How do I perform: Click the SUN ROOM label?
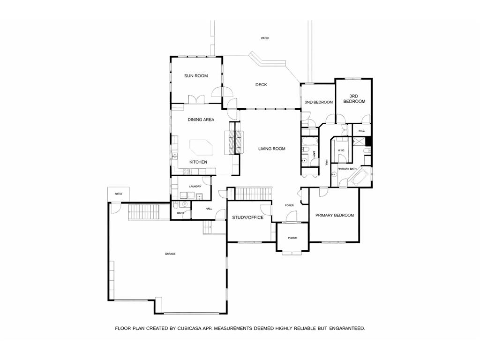tap(195, 76)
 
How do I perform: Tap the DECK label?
tap(261, 85)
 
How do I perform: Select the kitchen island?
tap(201, 148)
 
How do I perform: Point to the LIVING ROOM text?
tap(272, 149)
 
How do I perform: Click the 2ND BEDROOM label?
tap(319, 102)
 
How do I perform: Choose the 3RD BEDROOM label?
tap(354, 98)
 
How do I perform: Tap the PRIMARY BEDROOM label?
tap(334, 215)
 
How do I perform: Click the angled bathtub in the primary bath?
tap(359, 178)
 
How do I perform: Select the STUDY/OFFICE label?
tap(247, 217)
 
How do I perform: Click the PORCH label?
tap(292, 238)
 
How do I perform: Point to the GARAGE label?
tap(170, 254)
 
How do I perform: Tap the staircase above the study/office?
tap(253, 193)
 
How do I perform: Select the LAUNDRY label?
tap(195, 187)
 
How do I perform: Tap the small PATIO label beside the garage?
tap(119, 194)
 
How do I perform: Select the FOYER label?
tap(289, 205)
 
